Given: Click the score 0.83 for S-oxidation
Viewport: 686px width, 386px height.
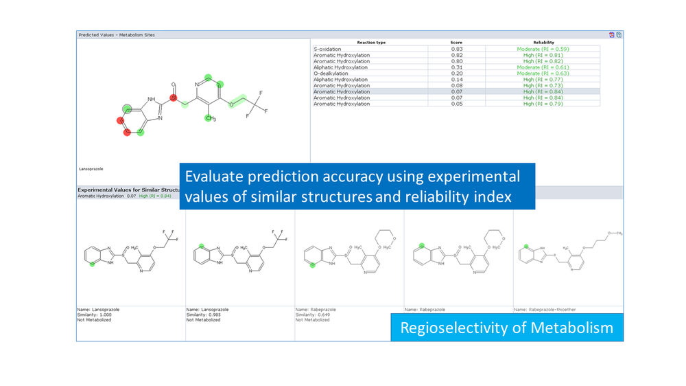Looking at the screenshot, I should [x=456, y=49].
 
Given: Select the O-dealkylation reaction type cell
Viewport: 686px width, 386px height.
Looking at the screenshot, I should [x=331, y=73].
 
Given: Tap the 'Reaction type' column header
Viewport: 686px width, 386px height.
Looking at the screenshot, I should [x=371, y=43].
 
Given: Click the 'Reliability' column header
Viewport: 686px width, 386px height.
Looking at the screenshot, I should [x=543, y=43].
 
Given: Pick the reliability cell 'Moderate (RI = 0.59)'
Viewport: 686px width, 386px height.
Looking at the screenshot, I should [x=543, y=49].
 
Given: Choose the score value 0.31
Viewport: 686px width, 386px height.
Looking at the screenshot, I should [x=456, y=67].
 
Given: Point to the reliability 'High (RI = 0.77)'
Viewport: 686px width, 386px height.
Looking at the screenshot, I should [x=543, y=80].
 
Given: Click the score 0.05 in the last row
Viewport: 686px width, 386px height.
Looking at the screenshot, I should [x=456, y=104].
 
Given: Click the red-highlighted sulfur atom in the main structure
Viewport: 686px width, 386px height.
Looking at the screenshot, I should [x=174, y=99].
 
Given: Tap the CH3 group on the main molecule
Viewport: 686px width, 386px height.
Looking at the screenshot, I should [x=211, y=118].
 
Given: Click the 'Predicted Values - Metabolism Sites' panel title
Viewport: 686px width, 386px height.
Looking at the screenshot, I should [x=117, y=34].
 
